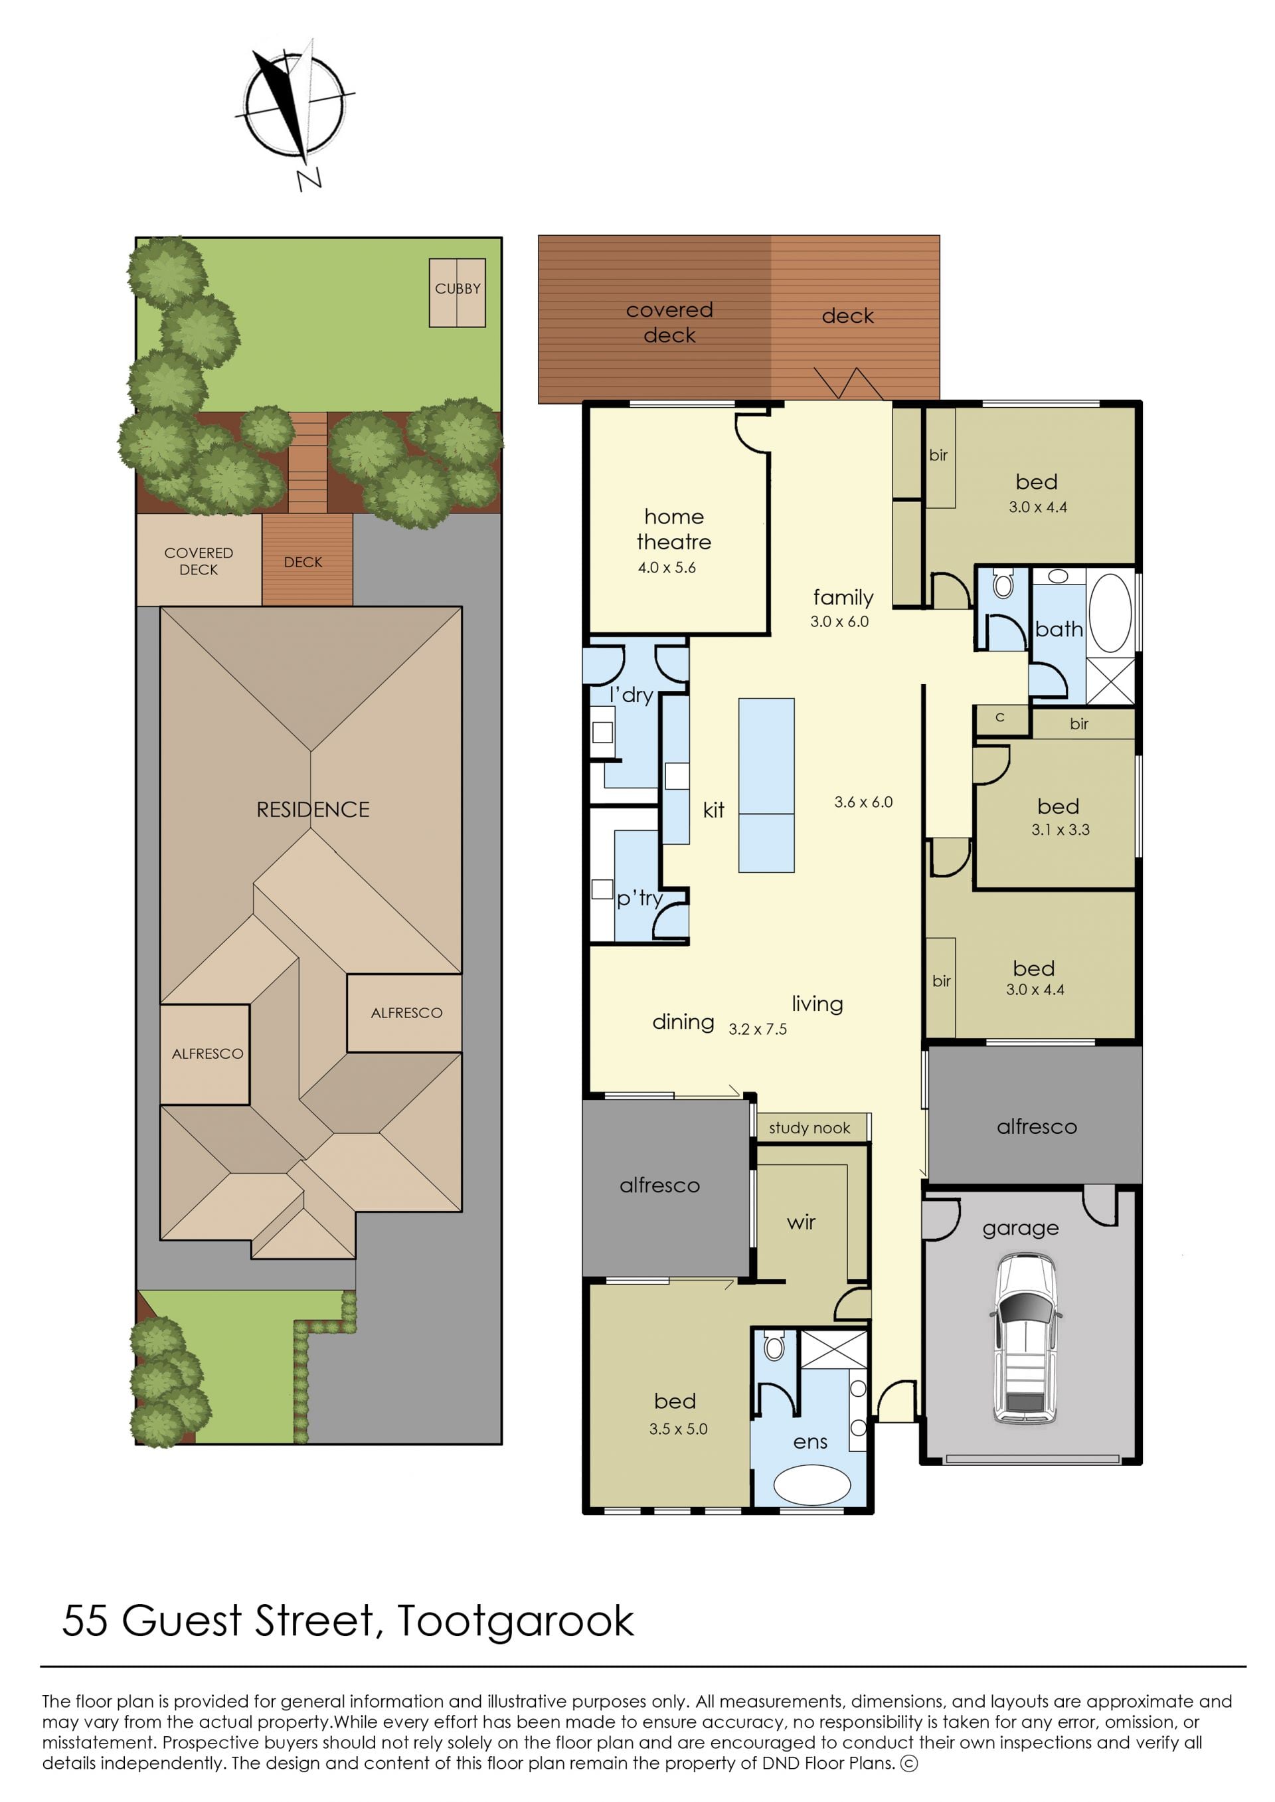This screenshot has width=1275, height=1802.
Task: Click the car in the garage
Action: coord(1027,1340)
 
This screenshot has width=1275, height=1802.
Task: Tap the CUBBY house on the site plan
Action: coord(457,292)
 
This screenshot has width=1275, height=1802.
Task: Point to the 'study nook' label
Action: coord(809,1128)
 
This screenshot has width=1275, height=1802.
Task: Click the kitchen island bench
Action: coord(766,785)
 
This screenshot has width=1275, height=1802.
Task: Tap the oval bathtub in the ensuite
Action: coord(811,1486)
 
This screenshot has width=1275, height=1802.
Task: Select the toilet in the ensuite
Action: coord(774,1346)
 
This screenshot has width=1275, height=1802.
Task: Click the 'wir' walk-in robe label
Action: coord(801,1223)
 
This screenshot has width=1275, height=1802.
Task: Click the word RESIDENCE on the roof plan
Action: coord(313,810)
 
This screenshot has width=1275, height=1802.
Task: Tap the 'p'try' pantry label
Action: coord(639,898)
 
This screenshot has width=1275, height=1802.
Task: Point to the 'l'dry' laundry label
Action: coord(632,695)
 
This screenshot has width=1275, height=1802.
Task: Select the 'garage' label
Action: coord(1021,1229)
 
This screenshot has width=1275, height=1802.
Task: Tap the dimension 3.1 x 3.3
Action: coord(1061,830)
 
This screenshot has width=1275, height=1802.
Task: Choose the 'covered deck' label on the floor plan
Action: coord(669,322)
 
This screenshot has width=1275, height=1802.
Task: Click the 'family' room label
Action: coord(843,598)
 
